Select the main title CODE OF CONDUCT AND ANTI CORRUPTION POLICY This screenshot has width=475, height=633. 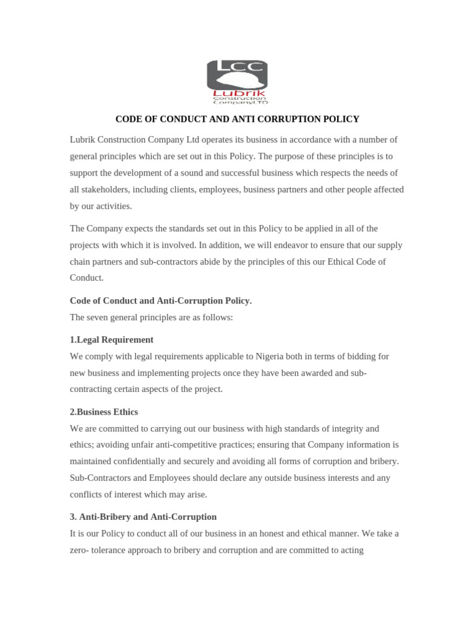click(x=237, y=119)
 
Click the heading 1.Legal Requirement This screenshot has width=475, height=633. click(x=111, y=340)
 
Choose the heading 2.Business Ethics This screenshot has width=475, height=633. click(x=104, y=412)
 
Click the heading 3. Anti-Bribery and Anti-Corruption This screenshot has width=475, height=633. click(x=143, y=517)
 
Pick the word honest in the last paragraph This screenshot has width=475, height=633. click(x=279, y=533)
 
